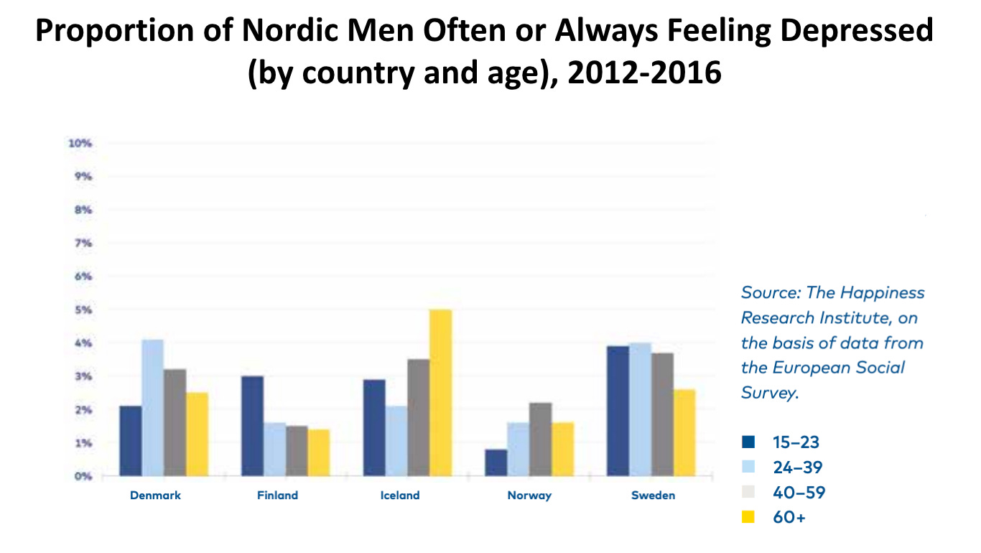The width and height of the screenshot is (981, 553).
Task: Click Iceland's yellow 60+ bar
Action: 440,393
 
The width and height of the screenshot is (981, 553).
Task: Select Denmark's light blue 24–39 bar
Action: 152,408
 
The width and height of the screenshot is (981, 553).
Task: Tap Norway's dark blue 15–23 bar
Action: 496,463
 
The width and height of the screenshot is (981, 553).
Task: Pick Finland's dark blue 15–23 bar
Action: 252,426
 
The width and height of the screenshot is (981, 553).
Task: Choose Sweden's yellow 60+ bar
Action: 684,432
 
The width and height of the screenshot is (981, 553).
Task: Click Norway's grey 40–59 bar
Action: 540,440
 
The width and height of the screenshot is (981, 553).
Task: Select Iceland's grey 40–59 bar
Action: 419,417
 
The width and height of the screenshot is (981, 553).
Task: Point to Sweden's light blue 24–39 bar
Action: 640,409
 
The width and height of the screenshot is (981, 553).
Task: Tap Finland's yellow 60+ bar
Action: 319,452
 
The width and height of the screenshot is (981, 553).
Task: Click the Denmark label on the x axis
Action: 155,496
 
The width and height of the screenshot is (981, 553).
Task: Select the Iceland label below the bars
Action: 399,496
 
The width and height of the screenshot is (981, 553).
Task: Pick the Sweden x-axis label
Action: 653,496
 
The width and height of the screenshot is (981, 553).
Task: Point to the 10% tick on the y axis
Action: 80,144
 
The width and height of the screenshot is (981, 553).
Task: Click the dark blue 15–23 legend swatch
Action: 748,442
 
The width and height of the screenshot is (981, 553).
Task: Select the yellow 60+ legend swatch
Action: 748,517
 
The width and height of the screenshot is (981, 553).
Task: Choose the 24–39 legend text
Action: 797,468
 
